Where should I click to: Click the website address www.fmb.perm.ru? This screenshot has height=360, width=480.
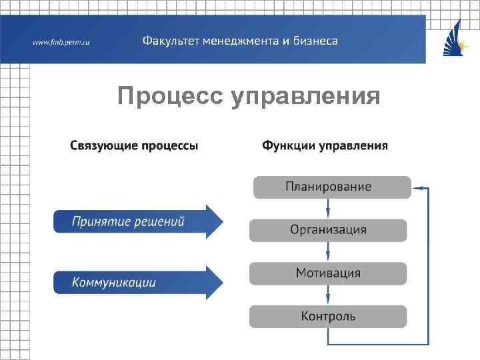[x=61, y=42]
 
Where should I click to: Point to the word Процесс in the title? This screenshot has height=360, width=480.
[x=170, y=97]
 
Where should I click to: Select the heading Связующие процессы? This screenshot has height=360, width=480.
[x=134, y=145]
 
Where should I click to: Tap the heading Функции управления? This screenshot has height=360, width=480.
[x=325, y=145]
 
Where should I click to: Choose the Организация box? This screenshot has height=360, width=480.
[x=328, y=230]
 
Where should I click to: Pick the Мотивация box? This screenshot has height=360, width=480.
[x=328, y=273]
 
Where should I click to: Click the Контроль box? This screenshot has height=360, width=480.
[x=328, y=317]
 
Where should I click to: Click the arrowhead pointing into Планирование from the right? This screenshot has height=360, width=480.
[x=417, y=188]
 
